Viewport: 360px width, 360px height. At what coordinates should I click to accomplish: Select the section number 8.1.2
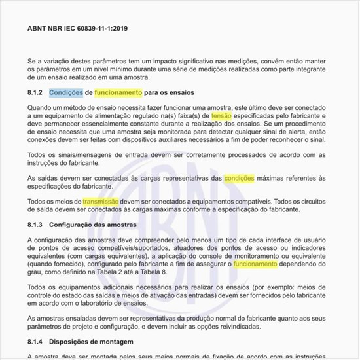tap(35, 93)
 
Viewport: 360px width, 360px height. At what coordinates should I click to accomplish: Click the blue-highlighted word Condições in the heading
tap(65, 93)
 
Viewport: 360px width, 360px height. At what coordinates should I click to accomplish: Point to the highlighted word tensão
tap(222, 116)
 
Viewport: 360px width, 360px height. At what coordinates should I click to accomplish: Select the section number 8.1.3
tap(35, 225)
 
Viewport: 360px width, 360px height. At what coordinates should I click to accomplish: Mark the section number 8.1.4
tap(35, 341)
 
